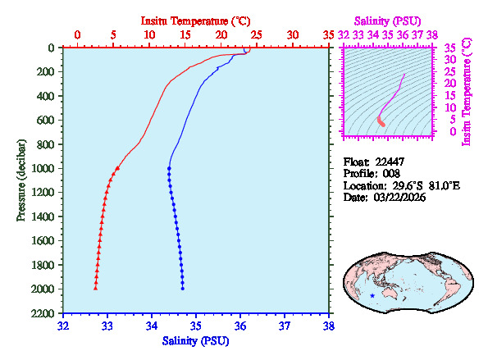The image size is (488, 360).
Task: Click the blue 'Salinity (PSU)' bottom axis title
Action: click(x=196, y=340)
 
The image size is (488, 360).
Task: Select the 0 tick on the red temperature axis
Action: click(x=77, y=35)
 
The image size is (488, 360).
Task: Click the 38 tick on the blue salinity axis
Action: click(x=329, y=326)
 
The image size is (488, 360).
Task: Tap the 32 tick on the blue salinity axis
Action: click(x=64, y=326)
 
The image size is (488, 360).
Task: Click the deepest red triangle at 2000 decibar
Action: click(x=95, y=288)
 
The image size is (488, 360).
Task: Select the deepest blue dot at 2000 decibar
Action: click(x=183, y=289)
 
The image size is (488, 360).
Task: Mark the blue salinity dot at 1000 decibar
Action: click(x=168, y=168)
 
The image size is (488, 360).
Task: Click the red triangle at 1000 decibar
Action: click(x=117, y=168)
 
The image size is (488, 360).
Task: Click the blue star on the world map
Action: click(x=372, y=296)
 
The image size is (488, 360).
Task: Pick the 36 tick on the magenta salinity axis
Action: click(x=402, y=35)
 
